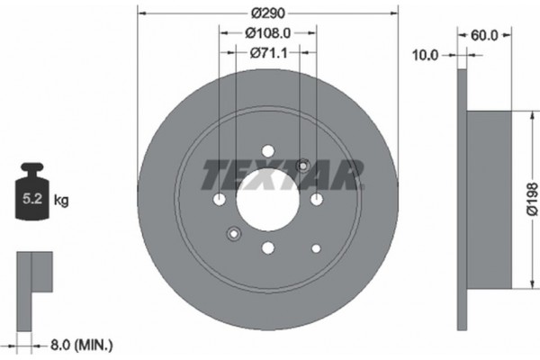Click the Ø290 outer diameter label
pos(267,13)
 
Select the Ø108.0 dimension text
pos(267,34)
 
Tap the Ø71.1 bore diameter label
pos(267,54)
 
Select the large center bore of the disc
pos(267,200)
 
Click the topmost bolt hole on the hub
pos(267,151)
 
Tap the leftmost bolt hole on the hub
pos(219,200)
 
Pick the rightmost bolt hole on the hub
pos(316,200)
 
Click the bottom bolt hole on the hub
pos(267,248)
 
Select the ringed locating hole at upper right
pos(302,166)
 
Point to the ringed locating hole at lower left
pos(233,235)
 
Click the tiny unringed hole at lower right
pos(315,247)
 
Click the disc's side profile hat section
pos(491,200)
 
